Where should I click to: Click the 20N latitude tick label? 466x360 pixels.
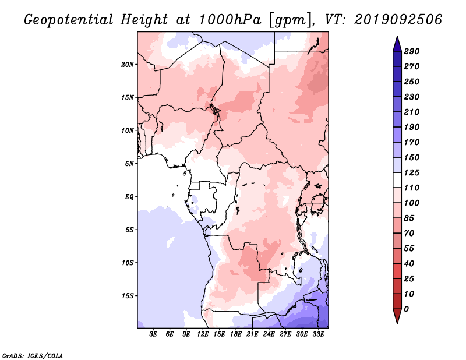coord(127,65)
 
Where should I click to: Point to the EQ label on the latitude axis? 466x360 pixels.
coord(129,197)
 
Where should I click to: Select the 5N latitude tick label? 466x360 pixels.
coord(129,164)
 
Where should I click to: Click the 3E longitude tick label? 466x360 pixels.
coord(153,334)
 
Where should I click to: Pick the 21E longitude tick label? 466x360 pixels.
coord(252,334)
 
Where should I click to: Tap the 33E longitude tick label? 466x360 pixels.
coord(318,334)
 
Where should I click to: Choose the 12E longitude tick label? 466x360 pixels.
coord(203,334)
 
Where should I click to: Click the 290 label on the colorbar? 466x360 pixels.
coord(412,51)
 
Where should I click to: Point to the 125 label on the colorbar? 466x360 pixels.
coord(412,172)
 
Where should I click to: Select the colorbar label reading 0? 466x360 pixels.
coord(406,309)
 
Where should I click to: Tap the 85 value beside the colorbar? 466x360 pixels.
coord(409,218)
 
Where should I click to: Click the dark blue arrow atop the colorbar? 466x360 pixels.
coord(397,44)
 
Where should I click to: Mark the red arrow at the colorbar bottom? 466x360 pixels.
coord(397,316)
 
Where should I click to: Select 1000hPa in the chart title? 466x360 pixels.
coord(230,20)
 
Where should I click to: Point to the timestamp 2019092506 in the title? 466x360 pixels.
coord(398,20)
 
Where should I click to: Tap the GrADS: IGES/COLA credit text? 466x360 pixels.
coord(33,355)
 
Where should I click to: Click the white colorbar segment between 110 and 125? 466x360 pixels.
coord(397,180)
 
